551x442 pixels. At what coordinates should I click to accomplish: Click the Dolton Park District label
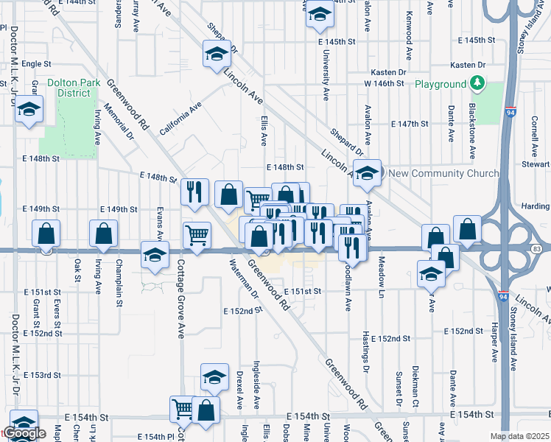click(x=74, y=88)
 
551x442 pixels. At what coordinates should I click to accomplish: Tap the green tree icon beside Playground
click(x=479, y=84)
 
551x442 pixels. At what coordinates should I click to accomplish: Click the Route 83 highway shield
click(x=536, y=250)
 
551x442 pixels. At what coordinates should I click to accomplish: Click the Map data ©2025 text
click(x=519, y=436)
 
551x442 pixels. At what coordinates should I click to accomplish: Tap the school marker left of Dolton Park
click(x=29, y=110)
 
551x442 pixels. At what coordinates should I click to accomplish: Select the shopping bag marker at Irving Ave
click(x=103, y=234)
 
